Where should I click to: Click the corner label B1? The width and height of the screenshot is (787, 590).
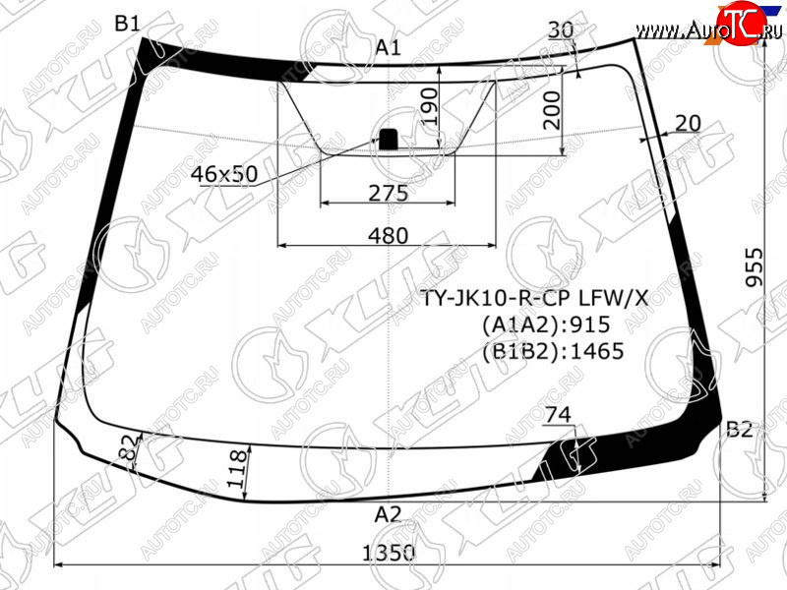tap(128, 23)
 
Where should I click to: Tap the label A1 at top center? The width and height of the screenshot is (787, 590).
tap(389, 47)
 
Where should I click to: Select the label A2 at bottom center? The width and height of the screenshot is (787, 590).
tap(389, 514)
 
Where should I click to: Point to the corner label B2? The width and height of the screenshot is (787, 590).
tap(740, 430)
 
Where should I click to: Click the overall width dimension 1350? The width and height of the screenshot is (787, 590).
tap(389, 553)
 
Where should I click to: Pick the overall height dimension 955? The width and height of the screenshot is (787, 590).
tap(754, 266)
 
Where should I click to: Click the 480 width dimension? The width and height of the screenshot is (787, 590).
tap(389, 235)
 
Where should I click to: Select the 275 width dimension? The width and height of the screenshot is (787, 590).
tap(389, 193)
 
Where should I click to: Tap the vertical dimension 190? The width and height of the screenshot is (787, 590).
tap(429, 106)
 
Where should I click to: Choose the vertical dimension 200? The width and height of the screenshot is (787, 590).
tap(552, 110)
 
